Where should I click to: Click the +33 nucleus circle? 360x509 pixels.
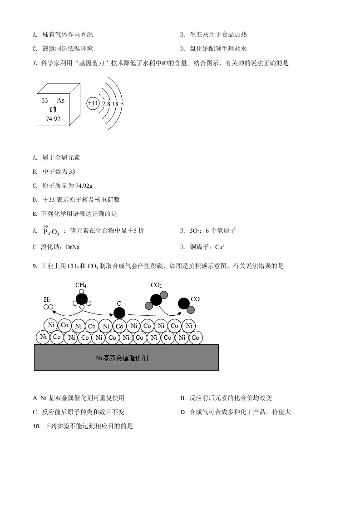point(93,103)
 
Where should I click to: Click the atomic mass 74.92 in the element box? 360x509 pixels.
point(53,119)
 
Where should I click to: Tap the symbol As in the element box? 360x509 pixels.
point(61,100)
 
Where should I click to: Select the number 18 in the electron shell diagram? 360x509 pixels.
point(115,104)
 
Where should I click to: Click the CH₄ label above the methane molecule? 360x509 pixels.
point(81,285)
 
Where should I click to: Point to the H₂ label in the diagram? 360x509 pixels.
point(47,299)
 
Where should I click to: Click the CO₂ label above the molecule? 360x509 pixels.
point(156,285)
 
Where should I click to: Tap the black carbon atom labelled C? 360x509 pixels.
point(119,313)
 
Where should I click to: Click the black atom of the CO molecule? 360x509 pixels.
point(184,303)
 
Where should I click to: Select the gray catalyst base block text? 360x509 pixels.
point(122,358)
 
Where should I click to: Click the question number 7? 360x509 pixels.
point(35,64)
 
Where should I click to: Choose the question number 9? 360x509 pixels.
point(35,266)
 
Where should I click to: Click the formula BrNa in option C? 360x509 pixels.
point(73,247)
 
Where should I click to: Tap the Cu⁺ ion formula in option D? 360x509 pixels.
point(220,247)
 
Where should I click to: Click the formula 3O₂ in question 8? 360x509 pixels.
point(195,231)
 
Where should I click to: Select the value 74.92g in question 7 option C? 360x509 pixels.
point(84,186)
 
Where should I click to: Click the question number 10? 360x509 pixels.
point(36,426)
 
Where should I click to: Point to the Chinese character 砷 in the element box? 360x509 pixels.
point(53,109)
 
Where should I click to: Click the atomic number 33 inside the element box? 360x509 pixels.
point(45,100)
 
